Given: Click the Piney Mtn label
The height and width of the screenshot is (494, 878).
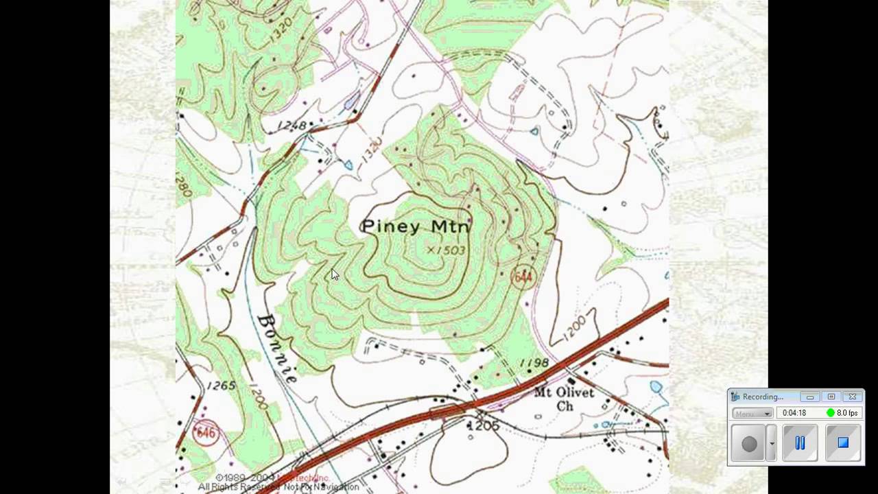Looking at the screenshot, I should click(x=416, y=226).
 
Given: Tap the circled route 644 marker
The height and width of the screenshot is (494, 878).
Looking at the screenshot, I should click(x=523, y=277).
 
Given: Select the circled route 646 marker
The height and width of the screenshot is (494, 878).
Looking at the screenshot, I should click(x=205, y=433).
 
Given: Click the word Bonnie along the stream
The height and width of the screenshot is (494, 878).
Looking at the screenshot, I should click(x=278, y=348).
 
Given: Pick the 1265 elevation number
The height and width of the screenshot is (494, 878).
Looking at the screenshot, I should click(x=221, y=386).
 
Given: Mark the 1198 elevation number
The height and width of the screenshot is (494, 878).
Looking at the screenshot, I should click(x=534, y=362).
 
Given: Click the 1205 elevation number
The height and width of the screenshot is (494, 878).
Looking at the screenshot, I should click(x=484, y=426).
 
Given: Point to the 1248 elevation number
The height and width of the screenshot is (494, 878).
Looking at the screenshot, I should click(x=292, y=126).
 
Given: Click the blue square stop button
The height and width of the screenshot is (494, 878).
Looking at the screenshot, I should click(x=843, y=443).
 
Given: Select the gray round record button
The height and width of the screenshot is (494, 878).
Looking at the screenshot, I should click(x=749, y=443).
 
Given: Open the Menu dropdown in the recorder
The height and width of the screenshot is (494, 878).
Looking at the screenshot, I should click(x=752, y=413).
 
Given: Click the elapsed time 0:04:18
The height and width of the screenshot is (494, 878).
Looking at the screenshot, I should click(x=794, y=413).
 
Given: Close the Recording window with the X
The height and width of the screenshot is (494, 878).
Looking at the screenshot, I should click(x=853, y=397).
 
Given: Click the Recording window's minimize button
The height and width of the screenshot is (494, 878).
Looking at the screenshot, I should click(x=810, y=397).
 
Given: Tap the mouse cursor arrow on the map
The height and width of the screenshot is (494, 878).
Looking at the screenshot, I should click(x=335, y=274).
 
